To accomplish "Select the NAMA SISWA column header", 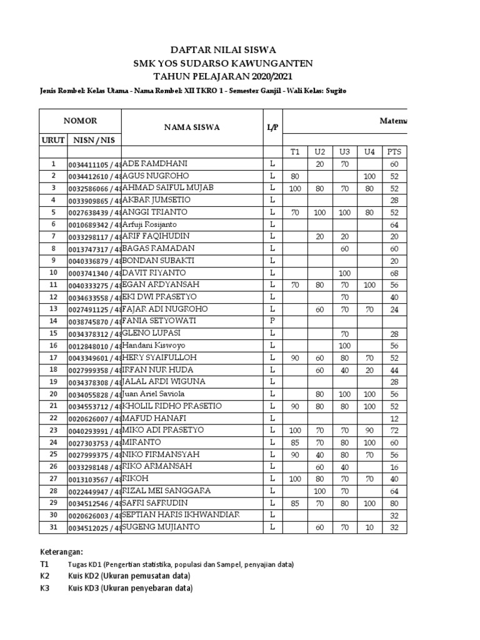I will tap(192, 127).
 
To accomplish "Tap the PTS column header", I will tap(394, 152).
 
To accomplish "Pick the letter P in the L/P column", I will tap(272, 321).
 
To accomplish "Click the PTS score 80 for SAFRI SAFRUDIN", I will tap(394, 503).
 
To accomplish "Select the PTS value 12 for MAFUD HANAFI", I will tap(394, 418).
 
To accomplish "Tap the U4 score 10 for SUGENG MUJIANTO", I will tap(369, 527).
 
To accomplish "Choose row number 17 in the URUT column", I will tap(53, 357).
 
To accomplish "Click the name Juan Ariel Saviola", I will tap(159, 394).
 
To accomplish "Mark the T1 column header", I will tap(295, 152).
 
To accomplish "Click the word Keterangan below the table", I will tap(61, 552).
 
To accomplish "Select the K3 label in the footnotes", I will tap(44, 588).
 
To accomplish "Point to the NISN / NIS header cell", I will tap(94, 140).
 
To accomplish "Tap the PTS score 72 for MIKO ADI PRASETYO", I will tap(394, 431).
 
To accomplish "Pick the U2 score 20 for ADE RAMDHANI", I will tap(319, 164).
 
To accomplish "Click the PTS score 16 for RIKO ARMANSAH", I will tap(394, 467).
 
